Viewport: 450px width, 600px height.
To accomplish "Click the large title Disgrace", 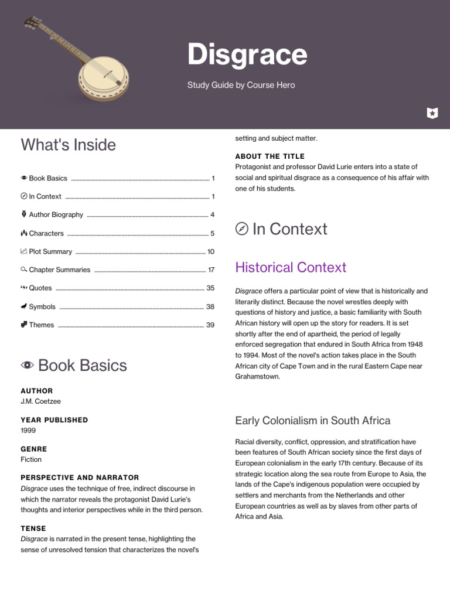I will (x=247, y=55).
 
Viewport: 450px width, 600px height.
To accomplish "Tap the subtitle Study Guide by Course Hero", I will (x=241, y=85).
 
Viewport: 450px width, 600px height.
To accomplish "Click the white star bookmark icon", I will (x=432, y=113).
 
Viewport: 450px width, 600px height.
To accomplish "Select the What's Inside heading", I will (x=68, y=145).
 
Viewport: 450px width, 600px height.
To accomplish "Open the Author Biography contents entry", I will (x=56, y=214).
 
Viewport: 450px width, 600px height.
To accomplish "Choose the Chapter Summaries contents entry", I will (x=59, y=270).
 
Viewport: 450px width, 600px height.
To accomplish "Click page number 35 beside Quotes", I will (x=210, y=288).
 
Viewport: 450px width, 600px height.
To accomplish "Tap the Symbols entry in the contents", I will (x=42, y=306).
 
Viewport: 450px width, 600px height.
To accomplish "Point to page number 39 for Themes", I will (x=210, y=325).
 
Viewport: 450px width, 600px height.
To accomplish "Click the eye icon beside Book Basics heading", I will (x=27, y=366).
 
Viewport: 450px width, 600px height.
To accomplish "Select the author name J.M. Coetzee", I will (x=40, y=401).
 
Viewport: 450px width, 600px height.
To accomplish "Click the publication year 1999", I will (x=28, y=430).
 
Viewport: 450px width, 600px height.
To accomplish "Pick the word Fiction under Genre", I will (x=31, y=459).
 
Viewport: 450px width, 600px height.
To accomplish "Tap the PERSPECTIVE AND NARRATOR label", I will (x=80, y=478).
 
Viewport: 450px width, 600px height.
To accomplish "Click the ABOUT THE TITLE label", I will (x=270, y=156).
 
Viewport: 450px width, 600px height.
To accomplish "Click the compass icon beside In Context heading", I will (x=241, y=229).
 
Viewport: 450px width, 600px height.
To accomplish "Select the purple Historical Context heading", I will (x=291, y=267).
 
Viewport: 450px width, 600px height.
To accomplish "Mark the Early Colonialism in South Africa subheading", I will (x=312, y=421).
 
